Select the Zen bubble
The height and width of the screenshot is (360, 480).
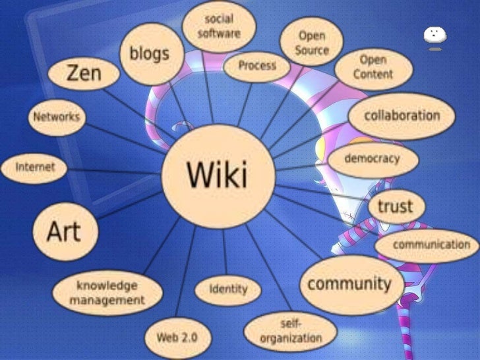pyautogui.click(x=84, y=74)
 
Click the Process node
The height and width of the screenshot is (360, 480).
pyautogui.click(x=256, y=66)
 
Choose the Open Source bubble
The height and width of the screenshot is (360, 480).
pyautogui.click(x=312, y=42)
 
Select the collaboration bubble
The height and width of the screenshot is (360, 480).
pyautogui.click(x=402, y=115)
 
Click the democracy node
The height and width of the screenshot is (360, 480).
pyautogui.click(x=381, y=159)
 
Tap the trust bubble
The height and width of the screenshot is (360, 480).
pyautogui.click(x=395, y=206)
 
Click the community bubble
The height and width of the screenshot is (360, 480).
pyautogui.click(x=349, y=285)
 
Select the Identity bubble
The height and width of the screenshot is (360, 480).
pyautogui.click(x=228, y=289)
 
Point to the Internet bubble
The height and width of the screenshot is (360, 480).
pyautogui.click(x=36, y=167)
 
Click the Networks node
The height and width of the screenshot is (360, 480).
pyautogui.click(x=57, y=118)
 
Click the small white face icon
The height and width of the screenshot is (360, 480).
pyautogui.click(x=435, y=36)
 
